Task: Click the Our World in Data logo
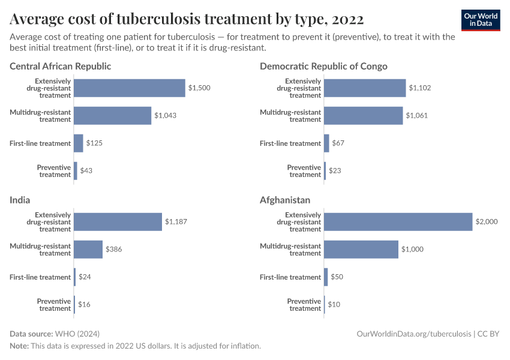[x=481, y=19]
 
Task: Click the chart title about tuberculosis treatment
[x=187, y=19]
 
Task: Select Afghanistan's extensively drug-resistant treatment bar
[x=398, y=221]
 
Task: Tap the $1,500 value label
[x=199, y=88]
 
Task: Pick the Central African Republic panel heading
[x=60, y=66]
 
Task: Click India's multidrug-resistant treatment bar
[x=88, y=249]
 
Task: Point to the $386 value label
[x=114, y=249]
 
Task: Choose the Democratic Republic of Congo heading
[x=323, y=66]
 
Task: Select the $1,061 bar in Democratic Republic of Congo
[x=363, y=116]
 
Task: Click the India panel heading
[x=20, y=200]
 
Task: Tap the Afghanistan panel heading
[x=285, y=200]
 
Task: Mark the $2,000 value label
[x=487, y=221]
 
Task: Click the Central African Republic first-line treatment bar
[x=79, y=143]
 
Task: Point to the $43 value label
[x=86, y=171]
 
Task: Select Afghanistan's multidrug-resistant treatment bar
[x=361, y=249]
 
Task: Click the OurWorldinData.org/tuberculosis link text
[x=414, y=334]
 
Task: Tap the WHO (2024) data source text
[x=77, y=334]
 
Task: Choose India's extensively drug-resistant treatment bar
[x=118, y=221]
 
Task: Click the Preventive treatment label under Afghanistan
[x=304, y=305]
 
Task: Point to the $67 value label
[x=338, y=143]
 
